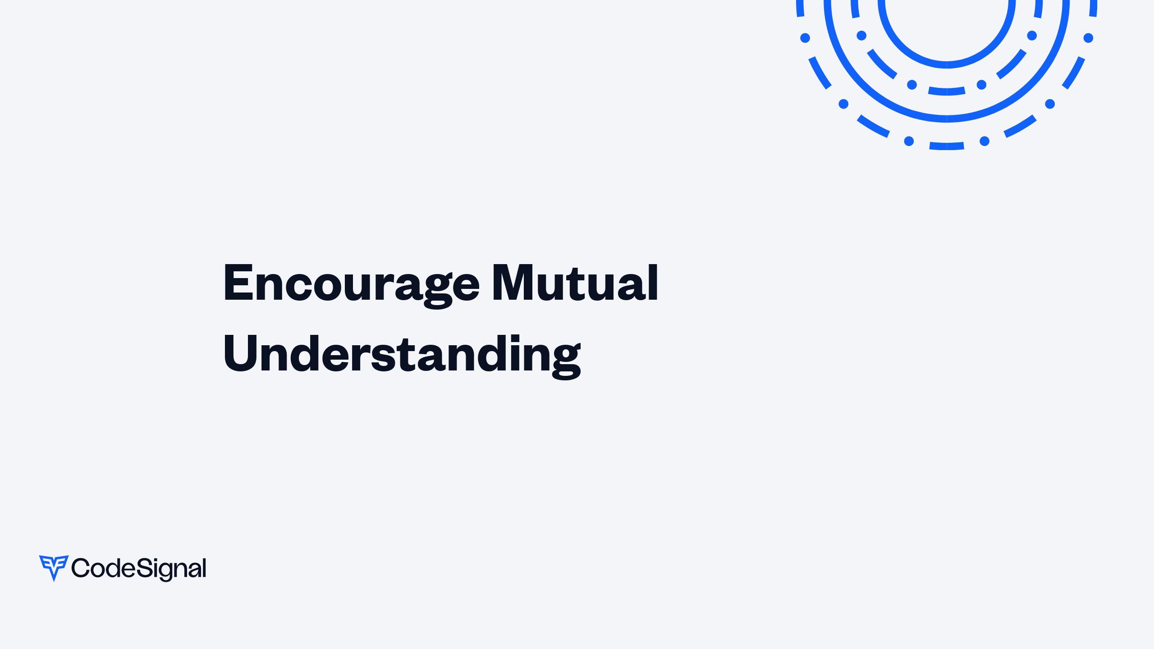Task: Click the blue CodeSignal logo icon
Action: click(x=54, y=568)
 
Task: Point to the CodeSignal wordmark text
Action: click(x=139, y=569)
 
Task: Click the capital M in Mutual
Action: click(x=514, y=282)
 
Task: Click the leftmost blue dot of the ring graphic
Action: click(x=805, y=38)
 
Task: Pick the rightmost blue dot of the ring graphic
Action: click(x=1088, y=38)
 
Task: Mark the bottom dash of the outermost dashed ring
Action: click(x=947, y=146)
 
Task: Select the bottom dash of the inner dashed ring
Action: click(x=947, y=91)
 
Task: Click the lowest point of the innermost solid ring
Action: click(x=947, y=65)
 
